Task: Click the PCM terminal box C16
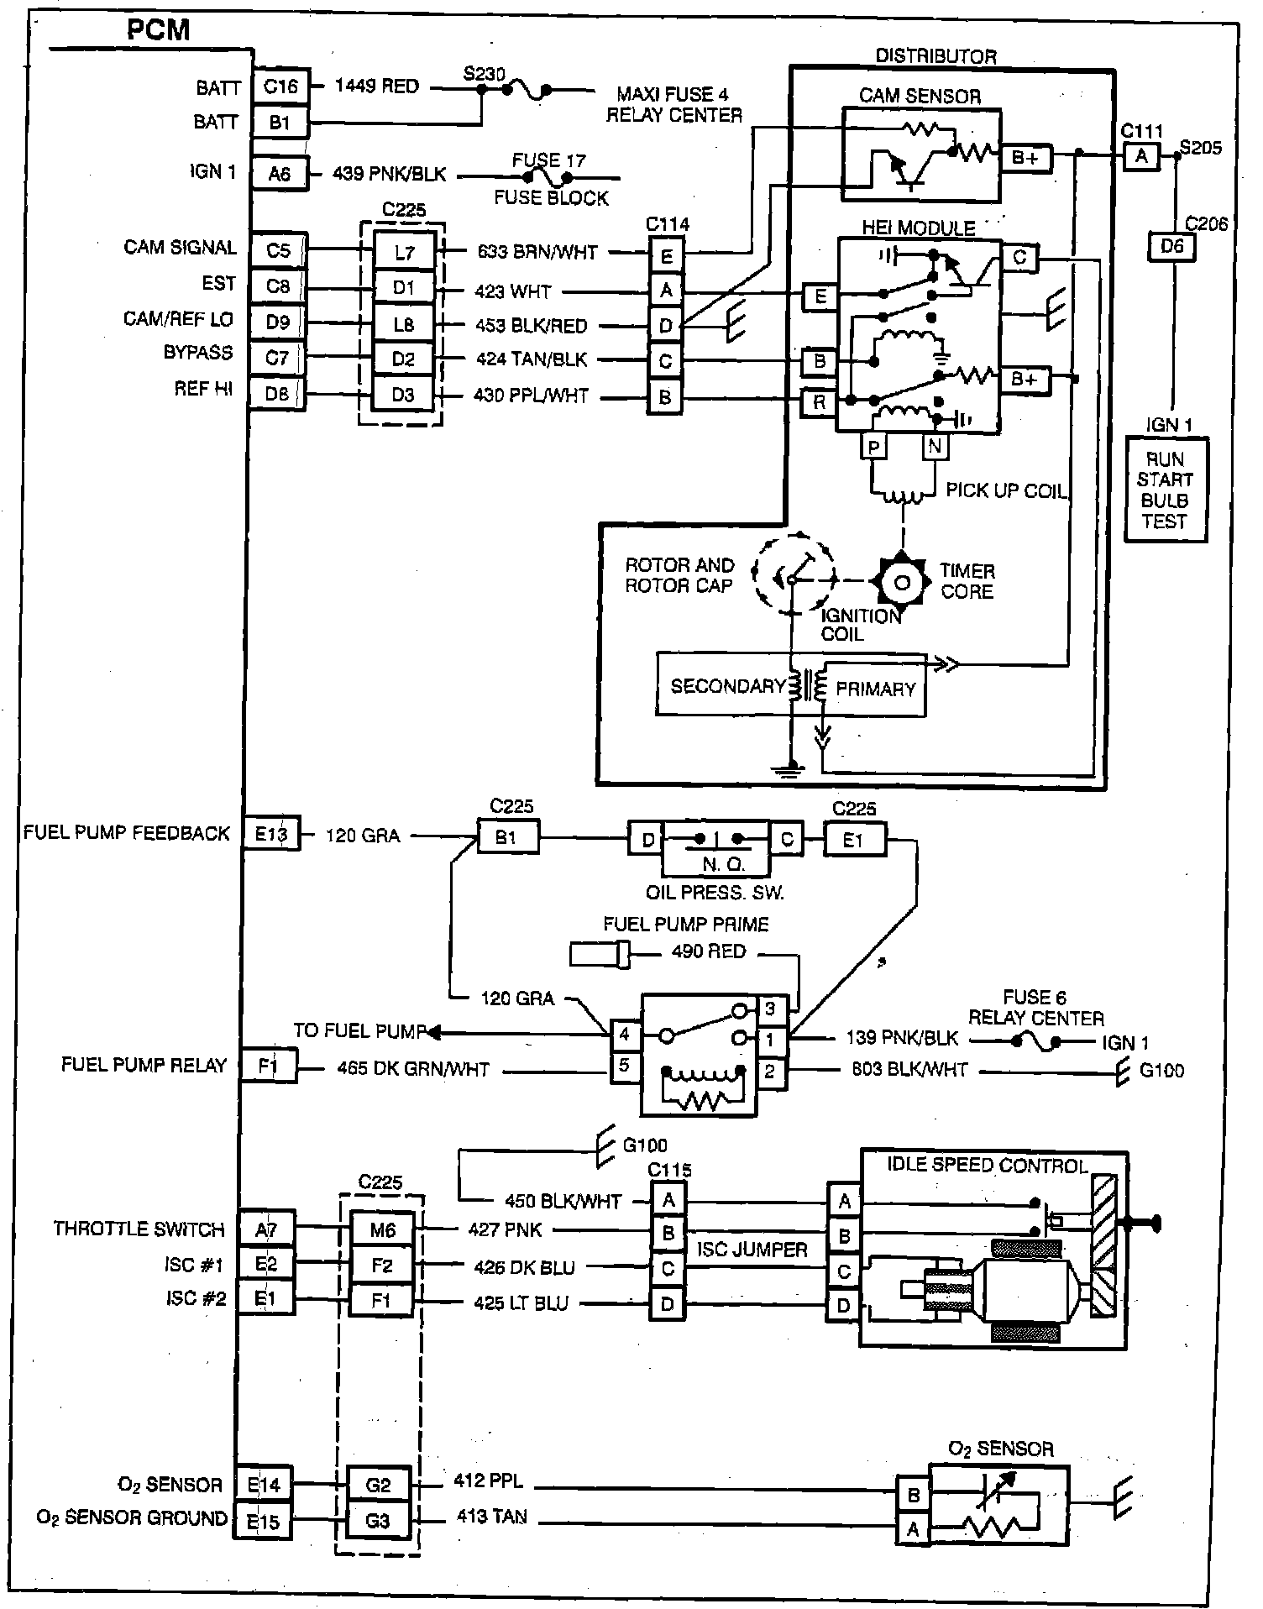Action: (280, 86)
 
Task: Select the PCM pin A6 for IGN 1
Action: (279, 174)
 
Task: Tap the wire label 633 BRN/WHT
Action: (537, 252)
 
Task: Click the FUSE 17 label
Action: (549, 160)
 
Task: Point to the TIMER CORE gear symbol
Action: (901, 582)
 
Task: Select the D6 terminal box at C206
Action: (1171, 248)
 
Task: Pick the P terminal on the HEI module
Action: (874, 448)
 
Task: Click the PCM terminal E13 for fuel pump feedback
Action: (270, 834)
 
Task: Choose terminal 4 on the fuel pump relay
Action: (624, 1035)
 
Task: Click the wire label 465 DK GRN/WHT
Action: (413, 1070)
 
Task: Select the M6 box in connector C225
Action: (382, 1230)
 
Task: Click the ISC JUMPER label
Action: (752, 1250)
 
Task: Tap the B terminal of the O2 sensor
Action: (913, 1495)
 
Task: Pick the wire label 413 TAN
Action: (492, 1517)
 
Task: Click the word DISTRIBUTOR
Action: (935, 56)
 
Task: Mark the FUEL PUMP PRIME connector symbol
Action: (600, 954)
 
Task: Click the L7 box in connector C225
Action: (404, 252)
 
